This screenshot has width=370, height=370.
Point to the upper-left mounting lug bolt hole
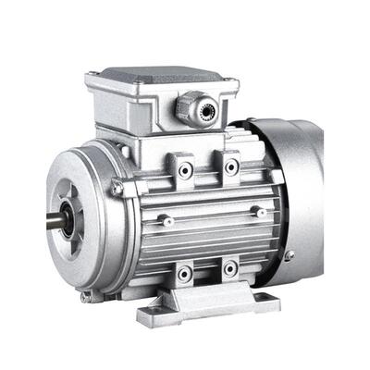coord(186,170)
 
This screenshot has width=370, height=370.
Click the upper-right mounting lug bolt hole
coord(230,166)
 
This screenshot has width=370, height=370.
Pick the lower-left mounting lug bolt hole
coord(185,273)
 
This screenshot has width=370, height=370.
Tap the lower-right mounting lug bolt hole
coord(228,269)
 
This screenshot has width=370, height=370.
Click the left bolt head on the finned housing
coord(164,220)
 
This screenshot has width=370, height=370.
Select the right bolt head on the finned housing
coord(262,213)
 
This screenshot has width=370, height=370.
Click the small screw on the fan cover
coord(290,254)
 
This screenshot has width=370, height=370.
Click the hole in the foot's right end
coord(262,299)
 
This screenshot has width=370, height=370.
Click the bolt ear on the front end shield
coord(117,189)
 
